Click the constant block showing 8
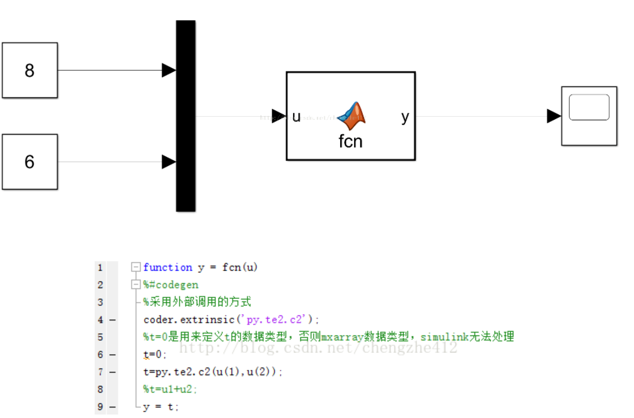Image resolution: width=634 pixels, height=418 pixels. tap(30, 70)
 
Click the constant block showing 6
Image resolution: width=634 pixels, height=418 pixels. tap(30, 162)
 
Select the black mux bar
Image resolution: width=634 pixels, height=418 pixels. tap(186, 116)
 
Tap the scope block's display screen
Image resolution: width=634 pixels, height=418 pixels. tap(589, 107)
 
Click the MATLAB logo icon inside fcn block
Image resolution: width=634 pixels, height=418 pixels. tap(352, 116)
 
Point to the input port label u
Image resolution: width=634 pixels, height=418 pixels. tap(296, 117)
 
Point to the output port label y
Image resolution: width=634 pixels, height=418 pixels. tap(405, 117)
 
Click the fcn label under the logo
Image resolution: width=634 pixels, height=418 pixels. tap(351, 141)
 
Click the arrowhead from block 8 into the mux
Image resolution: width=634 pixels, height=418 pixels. tap(169, 70)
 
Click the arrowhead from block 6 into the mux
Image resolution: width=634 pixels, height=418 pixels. tap(169, 162)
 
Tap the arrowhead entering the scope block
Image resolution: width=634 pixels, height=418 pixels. tap(554, 116)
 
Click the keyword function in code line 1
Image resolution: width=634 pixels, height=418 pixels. tap(168, 268)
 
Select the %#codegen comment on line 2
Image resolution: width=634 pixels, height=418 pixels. tap(171, 285)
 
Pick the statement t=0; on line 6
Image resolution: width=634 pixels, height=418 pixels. tap(154, 355)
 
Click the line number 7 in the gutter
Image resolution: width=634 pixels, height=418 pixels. tap(100, 372)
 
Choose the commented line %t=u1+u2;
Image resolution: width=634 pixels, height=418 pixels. tap(170, 390)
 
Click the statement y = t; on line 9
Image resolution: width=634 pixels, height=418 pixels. tap(161, 407)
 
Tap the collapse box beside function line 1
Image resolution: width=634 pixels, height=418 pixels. tap(136, 268)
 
